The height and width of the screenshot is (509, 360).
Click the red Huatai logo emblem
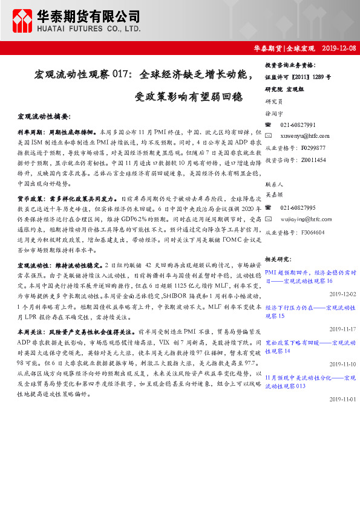(x=24, y=21)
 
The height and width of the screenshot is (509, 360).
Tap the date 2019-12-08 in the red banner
(x=339, y=48)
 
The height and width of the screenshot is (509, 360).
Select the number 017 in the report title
(x=119, y=75)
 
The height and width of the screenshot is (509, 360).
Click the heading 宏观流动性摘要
(x=44, y=115)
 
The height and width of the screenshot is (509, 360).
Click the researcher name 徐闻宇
(x=274, y=113)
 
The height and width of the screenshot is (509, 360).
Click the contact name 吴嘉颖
(x=274, y=195)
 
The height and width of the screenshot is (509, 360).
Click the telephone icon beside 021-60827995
(x=269, y=207)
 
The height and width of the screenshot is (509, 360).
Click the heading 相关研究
(x=278, y=259)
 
